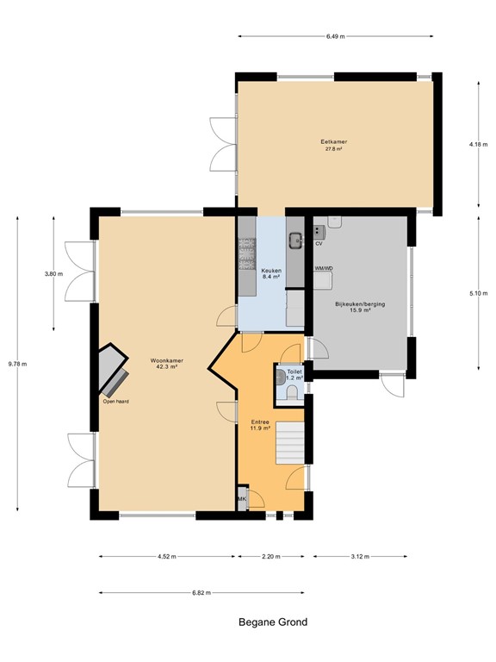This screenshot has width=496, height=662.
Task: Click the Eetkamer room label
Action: click(333, 142)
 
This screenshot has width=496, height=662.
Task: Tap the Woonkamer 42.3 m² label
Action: click(166, 364)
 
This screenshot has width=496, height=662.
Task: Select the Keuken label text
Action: click(271, 271)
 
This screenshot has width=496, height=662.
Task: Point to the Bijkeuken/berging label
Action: click(360, 304)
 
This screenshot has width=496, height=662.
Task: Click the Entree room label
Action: click(260, 422)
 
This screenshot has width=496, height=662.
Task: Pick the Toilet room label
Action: click(294, 372)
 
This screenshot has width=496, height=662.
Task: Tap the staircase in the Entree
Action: click(290, 442)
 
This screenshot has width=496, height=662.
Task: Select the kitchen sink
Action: click(295, 240)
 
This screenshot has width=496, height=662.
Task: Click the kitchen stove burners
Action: click(247, 253)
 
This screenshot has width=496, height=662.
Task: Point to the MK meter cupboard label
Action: click(242, 498)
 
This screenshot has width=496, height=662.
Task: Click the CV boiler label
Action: click(319, 244)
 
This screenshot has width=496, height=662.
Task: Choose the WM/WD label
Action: click(324, 268)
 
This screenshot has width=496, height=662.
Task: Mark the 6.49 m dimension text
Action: click(335, 36)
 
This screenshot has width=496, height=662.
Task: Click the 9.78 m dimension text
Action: click(17, 364)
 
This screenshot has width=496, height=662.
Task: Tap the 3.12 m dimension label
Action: click(360, 557)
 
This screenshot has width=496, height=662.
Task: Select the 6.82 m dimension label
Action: click(201, 593)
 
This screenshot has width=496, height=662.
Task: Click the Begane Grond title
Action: click(273, 621)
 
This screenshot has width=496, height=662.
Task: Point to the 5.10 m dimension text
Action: click(478, 293)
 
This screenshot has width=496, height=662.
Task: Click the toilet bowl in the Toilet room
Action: click(291, 394)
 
